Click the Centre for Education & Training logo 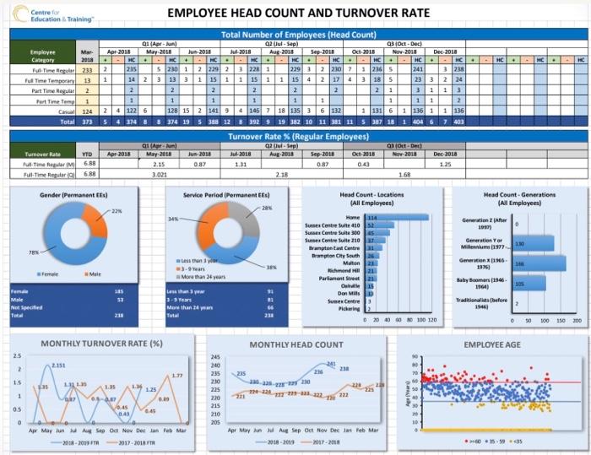(x=53, y=14)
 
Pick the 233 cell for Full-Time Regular (x=87, y=70)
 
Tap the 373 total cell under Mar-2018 (x=87, y=121)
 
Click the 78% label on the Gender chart (x=34, y=252)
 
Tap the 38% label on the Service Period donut (x=272, y=267)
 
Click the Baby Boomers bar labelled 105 (x=529, y=284)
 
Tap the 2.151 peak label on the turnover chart (x=58, y=365)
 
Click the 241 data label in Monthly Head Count (x=331, y=363)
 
